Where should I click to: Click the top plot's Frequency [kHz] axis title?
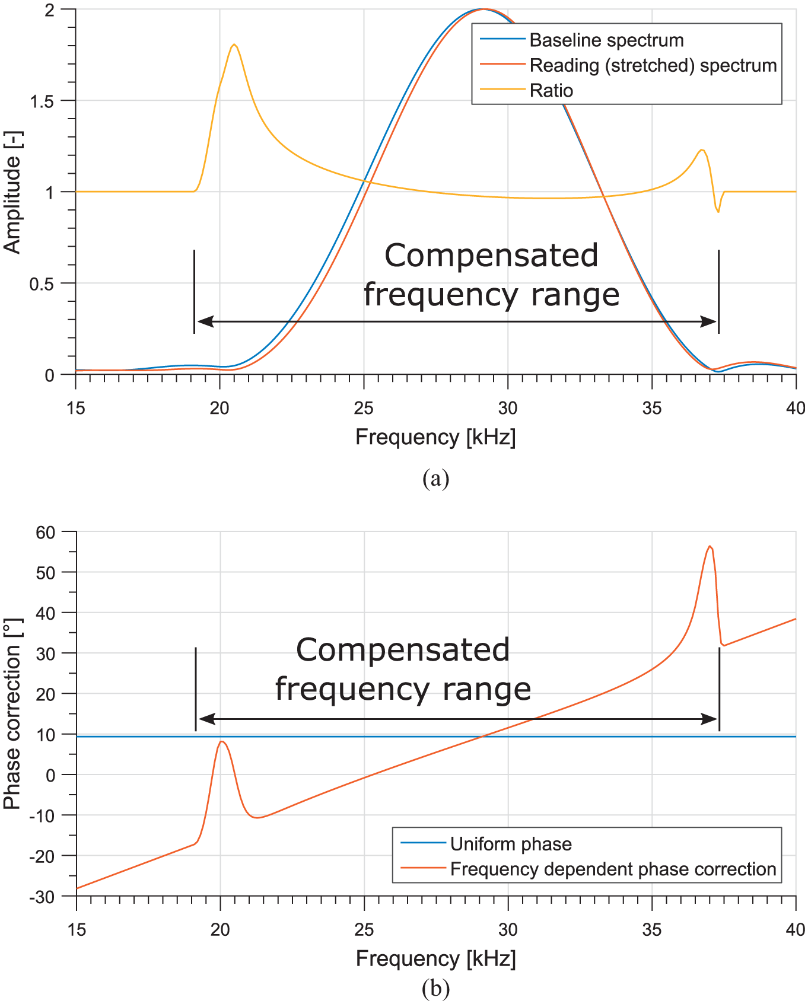(435, 437)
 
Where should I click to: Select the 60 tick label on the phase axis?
(45, 533)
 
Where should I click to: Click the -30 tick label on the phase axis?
(42, 897)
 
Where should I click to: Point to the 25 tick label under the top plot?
(364, 408)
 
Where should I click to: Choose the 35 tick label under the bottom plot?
(652, 929)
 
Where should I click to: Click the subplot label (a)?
(436, 478)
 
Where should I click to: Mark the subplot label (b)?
(436, 989)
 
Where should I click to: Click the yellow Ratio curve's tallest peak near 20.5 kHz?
(234, 44)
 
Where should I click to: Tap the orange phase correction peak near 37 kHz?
(710, 546)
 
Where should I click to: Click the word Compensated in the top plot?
(491, 256)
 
